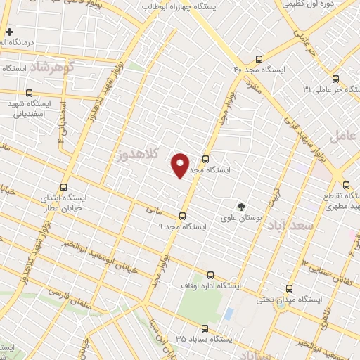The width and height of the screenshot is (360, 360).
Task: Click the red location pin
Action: [180, 165]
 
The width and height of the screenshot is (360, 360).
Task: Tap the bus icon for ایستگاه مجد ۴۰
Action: [259, 59]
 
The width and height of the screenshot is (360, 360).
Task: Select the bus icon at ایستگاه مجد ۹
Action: [183, 217]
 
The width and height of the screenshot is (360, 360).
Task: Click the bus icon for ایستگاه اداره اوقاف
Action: [211, 275]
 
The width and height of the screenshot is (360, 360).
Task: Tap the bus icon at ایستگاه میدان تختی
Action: [290, 288]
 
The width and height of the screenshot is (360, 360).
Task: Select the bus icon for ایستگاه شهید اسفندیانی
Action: [29, 92]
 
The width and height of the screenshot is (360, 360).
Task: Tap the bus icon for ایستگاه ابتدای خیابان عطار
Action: [64, 187]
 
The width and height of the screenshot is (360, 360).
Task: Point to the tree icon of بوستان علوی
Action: [242, 207]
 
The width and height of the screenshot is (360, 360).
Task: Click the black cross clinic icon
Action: [9, 32]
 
